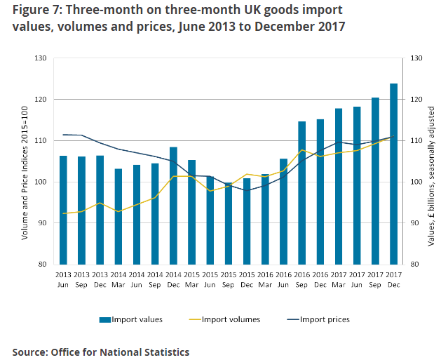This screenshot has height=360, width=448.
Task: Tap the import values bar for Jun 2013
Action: tap(63, 210)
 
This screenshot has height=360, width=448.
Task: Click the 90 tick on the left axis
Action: tap(42, 223)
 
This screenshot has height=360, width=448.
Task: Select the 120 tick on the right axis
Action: tap(416, 100)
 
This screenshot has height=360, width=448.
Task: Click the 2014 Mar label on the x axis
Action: tap(118, 279)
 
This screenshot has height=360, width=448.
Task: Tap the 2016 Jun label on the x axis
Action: tap(283, 279)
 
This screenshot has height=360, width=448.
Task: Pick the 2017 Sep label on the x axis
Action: tap(375, 279)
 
